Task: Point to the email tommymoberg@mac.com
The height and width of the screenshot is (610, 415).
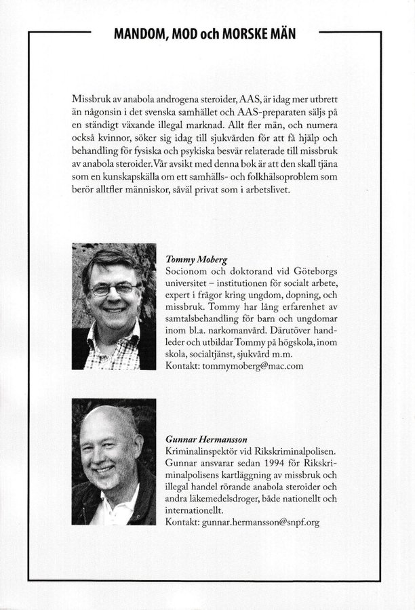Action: click(x=248, y=365)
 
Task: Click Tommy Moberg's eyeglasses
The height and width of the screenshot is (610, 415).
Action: click(x=113, y=289)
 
